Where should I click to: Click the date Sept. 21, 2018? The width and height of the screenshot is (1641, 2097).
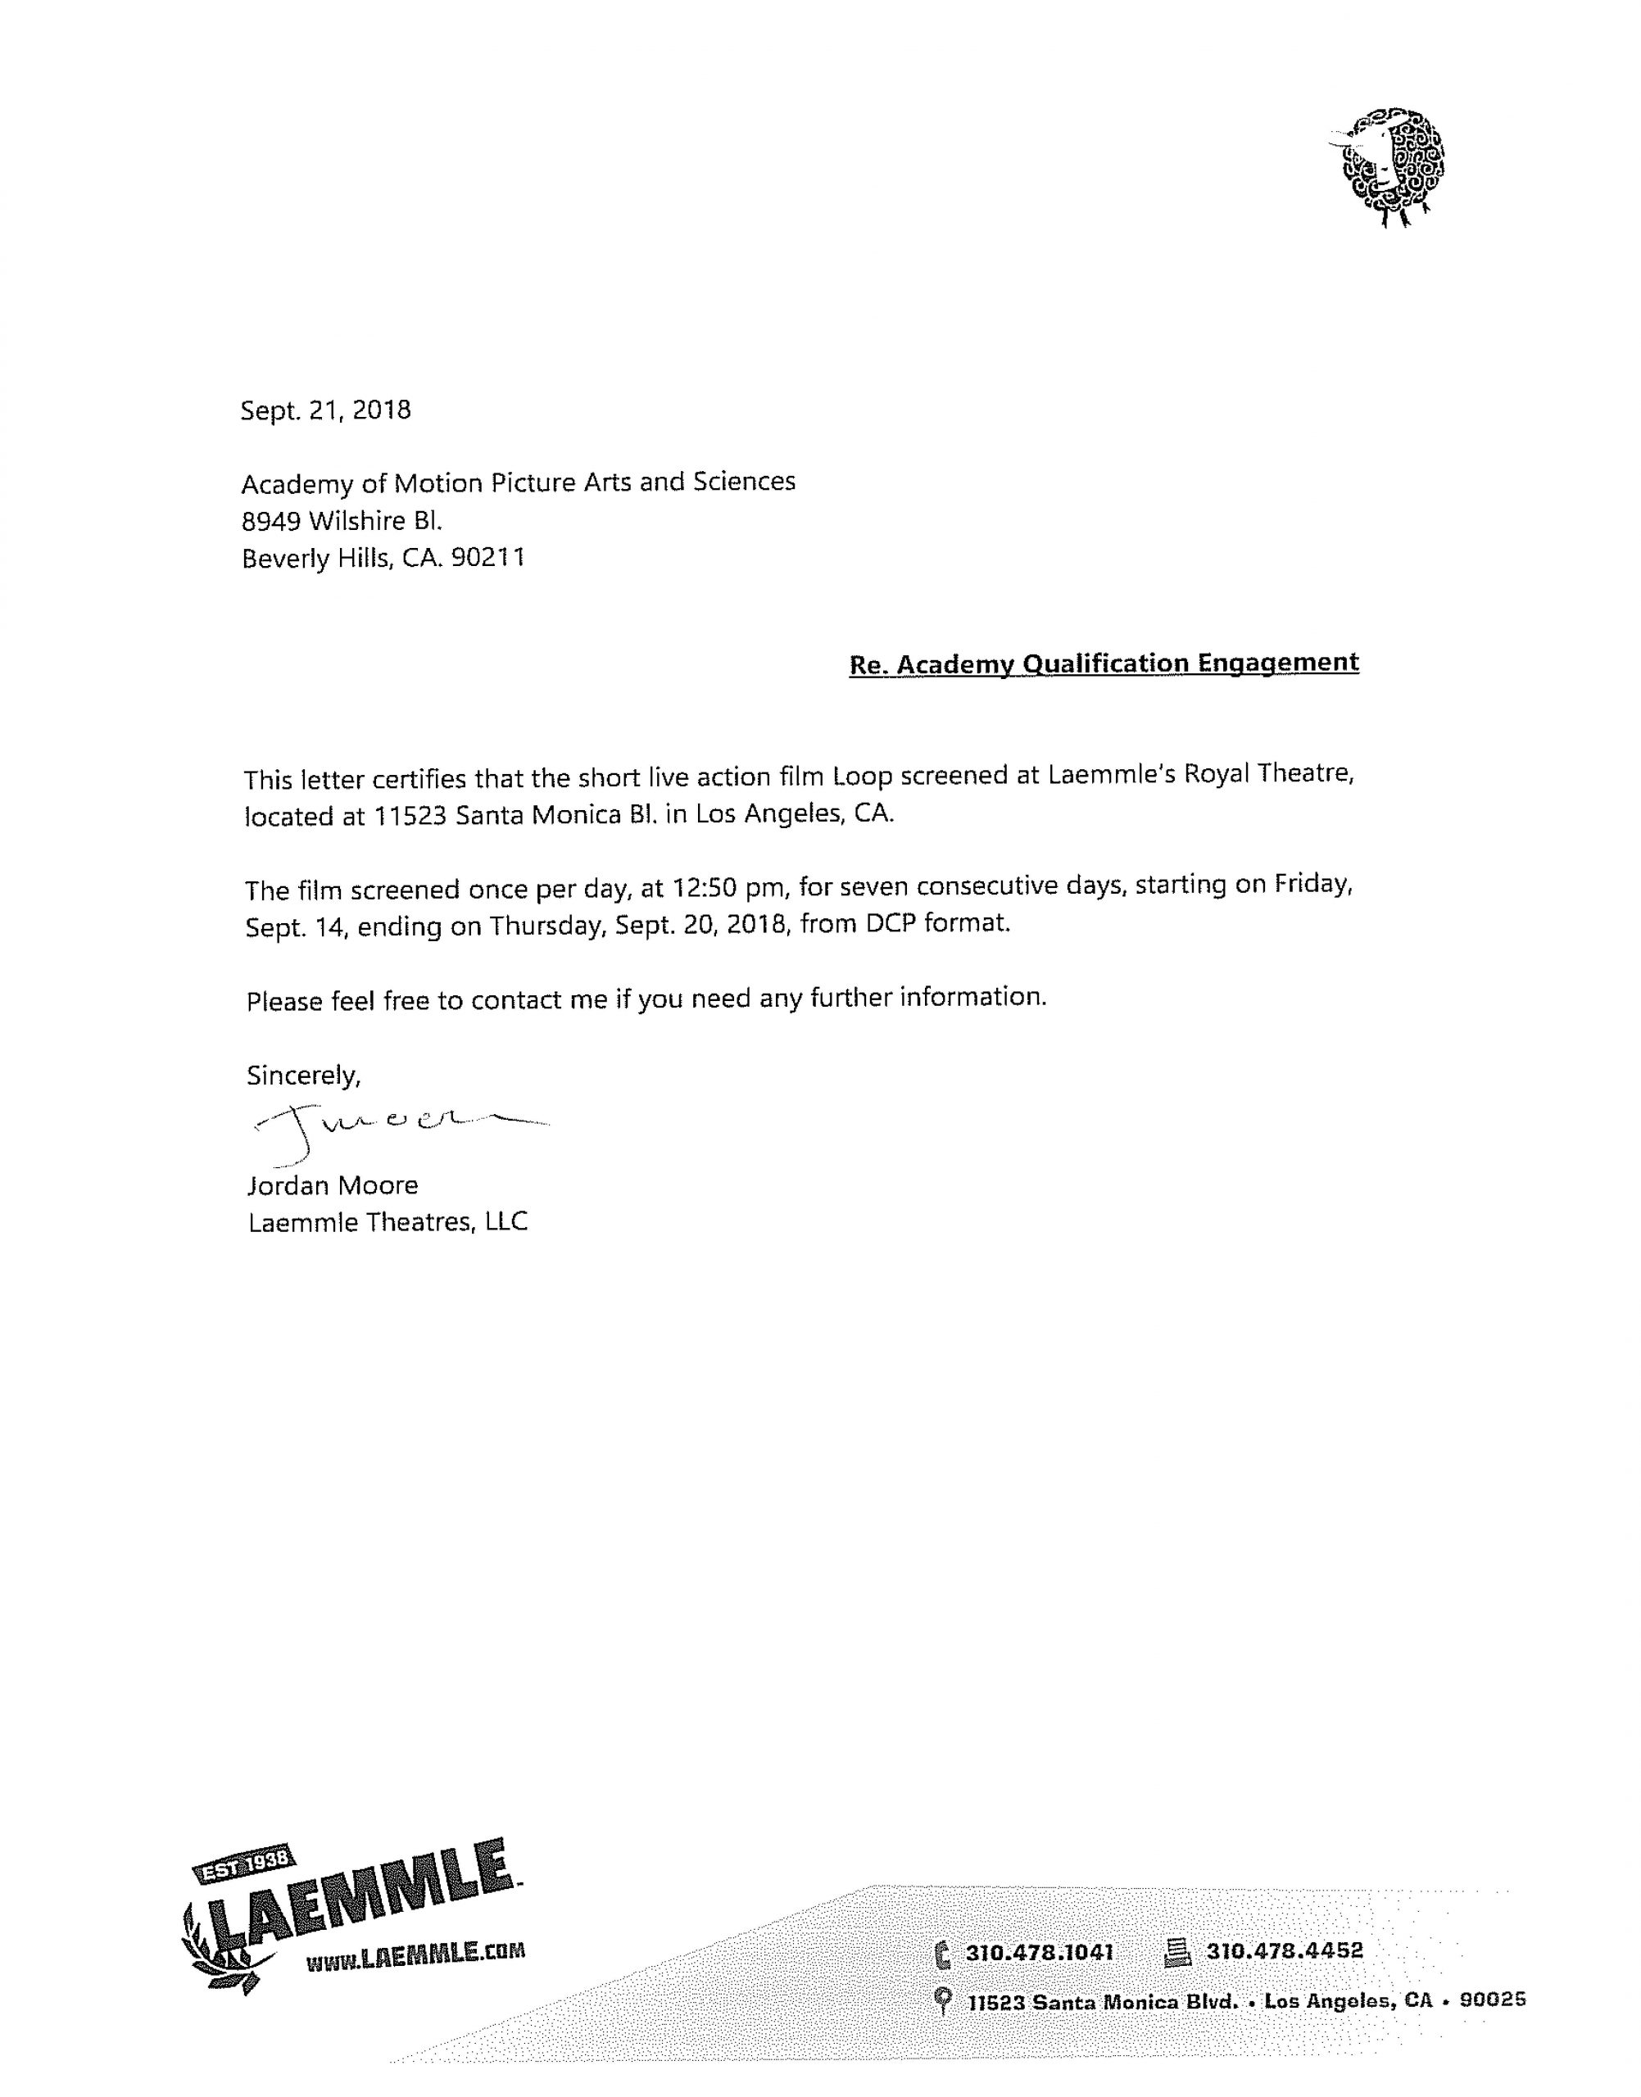[x=326, y=410]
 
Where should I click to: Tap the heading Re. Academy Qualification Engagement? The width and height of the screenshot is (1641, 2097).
[x=1104, y=663]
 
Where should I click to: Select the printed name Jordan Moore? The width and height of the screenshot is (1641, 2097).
[x=333, y=1185]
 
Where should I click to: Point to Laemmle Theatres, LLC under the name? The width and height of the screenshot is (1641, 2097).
[x=388, y=1222]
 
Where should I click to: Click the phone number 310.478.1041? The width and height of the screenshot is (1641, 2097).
[x=1039, y=1952]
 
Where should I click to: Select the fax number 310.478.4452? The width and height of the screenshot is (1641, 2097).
[x=1285, y=1951]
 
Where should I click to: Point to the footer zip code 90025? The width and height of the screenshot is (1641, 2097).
[x=1492, y=2000]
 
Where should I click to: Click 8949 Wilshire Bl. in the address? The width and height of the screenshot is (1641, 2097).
[x=341, y=521]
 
